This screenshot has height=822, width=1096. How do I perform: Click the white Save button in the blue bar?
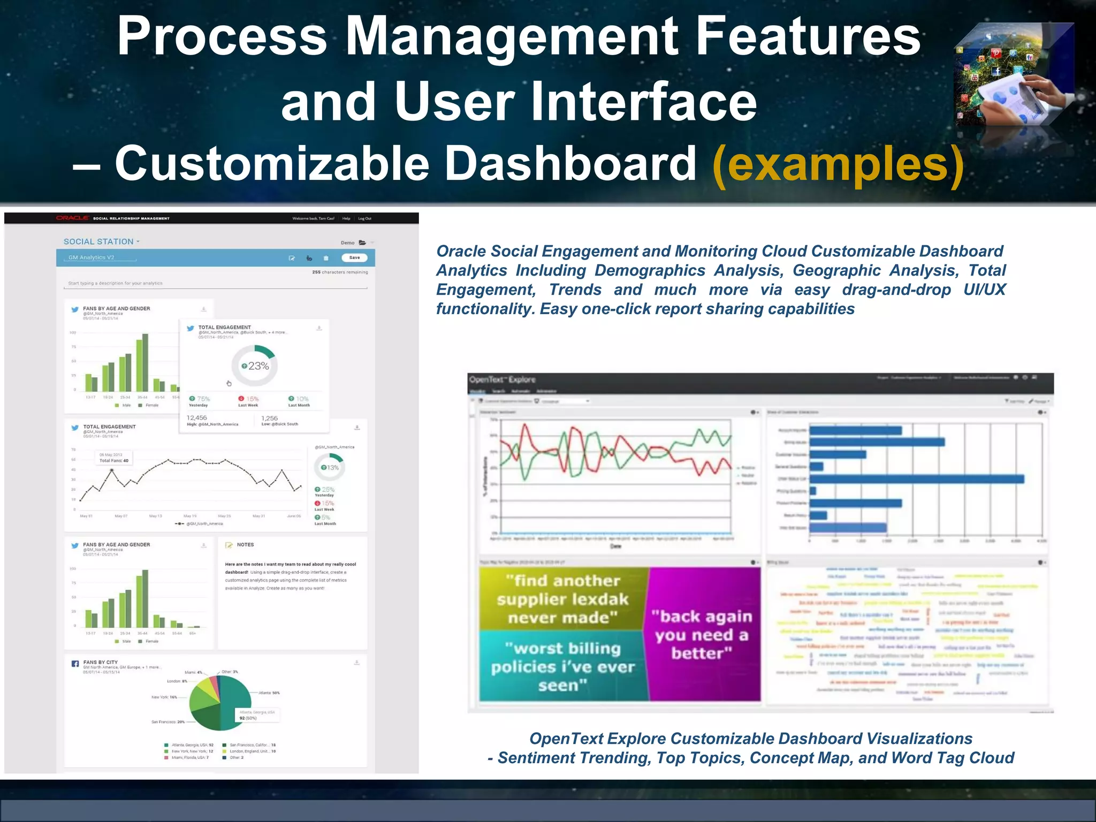354,257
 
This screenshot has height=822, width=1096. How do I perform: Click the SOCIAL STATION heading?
98,242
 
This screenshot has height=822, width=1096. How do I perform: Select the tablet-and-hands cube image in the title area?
1014,75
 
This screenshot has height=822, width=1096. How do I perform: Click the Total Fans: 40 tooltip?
113,458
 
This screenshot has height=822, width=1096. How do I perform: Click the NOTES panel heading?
245,545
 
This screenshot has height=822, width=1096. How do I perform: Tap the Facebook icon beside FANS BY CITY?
75,664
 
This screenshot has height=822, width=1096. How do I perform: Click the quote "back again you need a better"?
701,635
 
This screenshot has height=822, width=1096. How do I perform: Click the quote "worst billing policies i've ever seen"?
563,667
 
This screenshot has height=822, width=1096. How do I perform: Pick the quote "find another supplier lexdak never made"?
562,599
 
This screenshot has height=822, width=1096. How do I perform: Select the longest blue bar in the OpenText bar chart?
916,479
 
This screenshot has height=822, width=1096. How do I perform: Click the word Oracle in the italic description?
461,251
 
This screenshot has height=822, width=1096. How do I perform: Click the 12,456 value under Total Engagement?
196,418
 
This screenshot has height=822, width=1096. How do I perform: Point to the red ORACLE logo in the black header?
72,218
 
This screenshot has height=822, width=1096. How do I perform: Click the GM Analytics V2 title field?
92,257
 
